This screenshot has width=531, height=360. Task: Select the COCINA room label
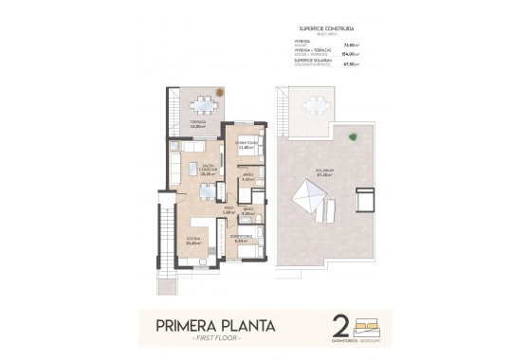(193, 240)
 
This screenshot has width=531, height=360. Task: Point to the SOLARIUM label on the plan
(325, 171)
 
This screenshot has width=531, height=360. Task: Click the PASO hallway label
(228, 209)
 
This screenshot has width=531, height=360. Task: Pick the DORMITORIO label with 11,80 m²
(246, 146)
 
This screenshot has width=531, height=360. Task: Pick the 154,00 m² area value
(375, 54)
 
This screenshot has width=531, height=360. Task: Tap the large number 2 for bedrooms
(339, 326)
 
